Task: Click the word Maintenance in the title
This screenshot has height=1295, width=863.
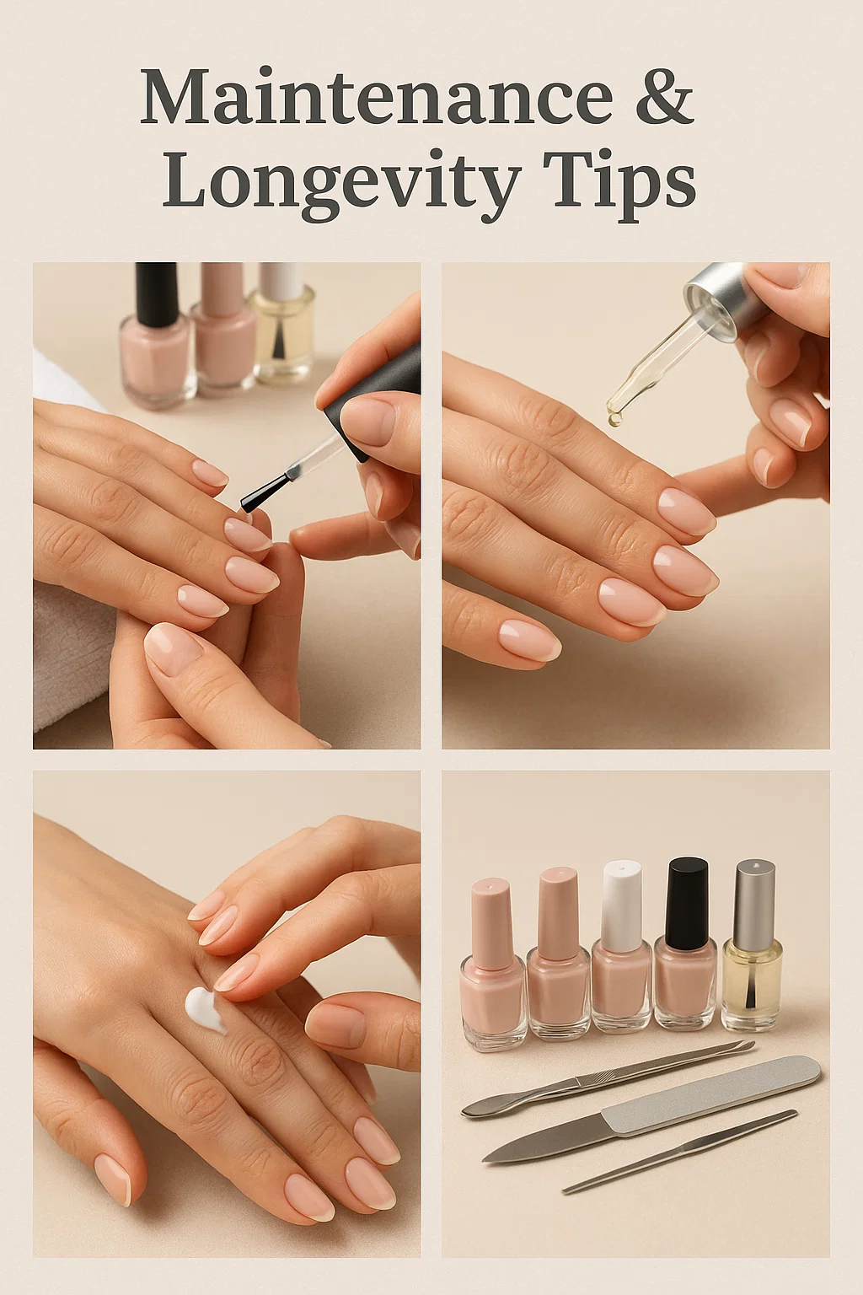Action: pos(377,96)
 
